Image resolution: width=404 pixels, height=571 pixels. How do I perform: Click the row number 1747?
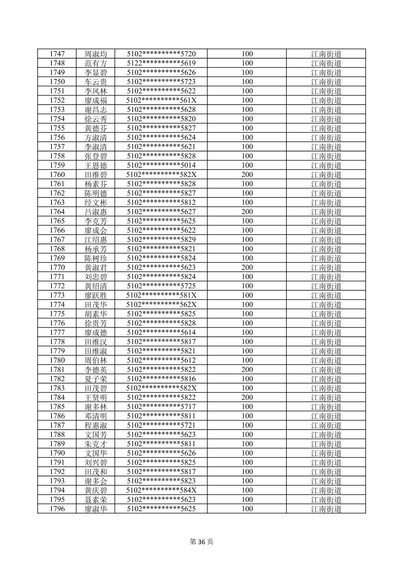57,54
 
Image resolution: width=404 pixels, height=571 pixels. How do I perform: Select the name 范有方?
96,63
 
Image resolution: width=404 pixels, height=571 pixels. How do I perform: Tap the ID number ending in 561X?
161,100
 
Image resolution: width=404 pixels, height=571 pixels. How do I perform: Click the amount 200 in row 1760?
247,174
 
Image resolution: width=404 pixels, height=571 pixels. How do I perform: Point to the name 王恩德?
96,165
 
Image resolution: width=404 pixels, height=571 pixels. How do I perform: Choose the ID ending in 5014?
161,165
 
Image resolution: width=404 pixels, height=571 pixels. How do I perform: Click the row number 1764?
57,212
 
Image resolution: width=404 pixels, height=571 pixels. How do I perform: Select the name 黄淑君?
96,268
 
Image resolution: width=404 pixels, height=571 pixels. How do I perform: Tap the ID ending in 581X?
161,295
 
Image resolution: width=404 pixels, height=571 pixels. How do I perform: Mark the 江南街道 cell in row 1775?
326,314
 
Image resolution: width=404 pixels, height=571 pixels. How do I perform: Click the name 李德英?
96,370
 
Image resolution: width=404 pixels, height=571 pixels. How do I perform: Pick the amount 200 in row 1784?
247,397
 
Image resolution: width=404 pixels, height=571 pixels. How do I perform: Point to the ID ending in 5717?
161,407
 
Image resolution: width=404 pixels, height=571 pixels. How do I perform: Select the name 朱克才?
96,444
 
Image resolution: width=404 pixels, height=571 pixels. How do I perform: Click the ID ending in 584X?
161,490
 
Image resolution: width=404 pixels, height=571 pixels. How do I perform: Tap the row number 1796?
57,509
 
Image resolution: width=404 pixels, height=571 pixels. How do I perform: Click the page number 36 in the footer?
202,542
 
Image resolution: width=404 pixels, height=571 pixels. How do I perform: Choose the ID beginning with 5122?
161,63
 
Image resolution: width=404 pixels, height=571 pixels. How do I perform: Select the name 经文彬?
96,203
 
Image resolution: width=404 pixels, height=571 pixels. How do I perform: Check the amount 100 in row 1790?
247,453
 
